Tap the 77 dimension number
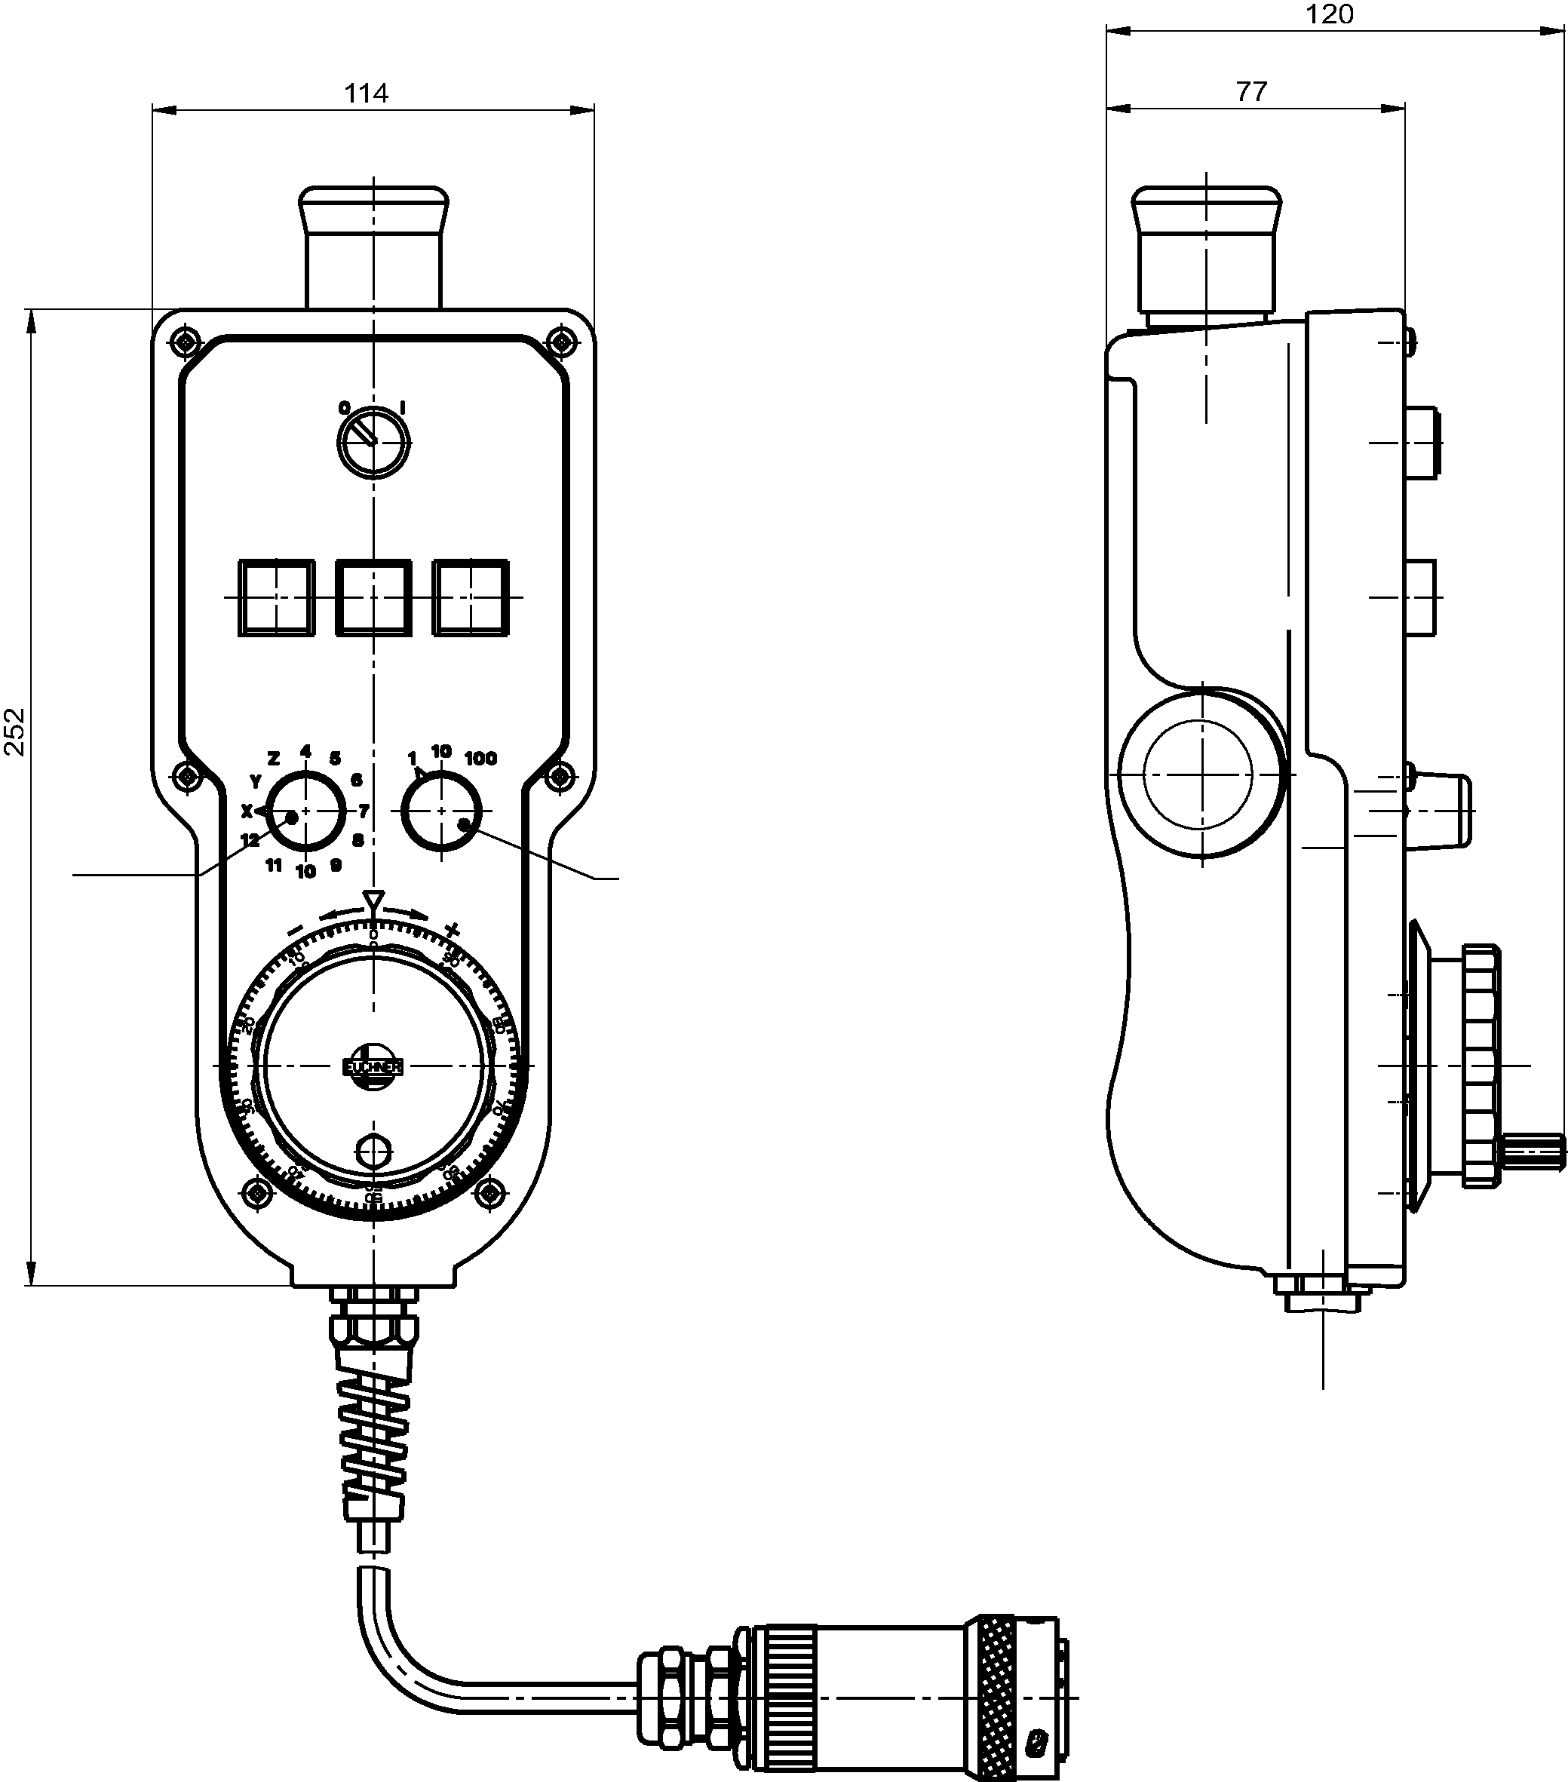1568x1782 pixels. pos(1251,91)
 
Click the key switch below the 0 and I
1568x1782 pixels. pos(373,442)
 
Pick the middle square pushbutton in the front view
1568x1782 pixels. pos(373,597)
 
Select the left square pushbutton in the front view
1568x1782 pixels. pos(277,597)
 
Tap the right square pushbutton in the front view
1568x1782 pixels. pos(471,597)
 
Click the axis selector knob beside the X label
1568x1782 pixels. pos(305,811)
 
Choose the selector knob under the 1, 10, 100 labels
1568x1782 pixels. pos(441,811)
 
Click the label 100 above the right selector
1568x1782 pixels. pos(480,759)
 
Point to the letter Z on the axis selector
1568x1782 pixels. pos(273,758)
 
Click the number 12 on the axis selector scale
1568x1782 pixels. pos(250,840)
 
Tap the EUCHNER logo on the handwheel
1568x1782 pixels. pos(373,1066)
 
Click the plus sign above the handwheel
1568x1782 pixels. pos(452,929)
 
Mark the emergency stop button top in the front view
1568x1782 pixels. pos(373,203)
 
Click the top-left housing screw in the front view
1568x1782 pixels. pos(185,340)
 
